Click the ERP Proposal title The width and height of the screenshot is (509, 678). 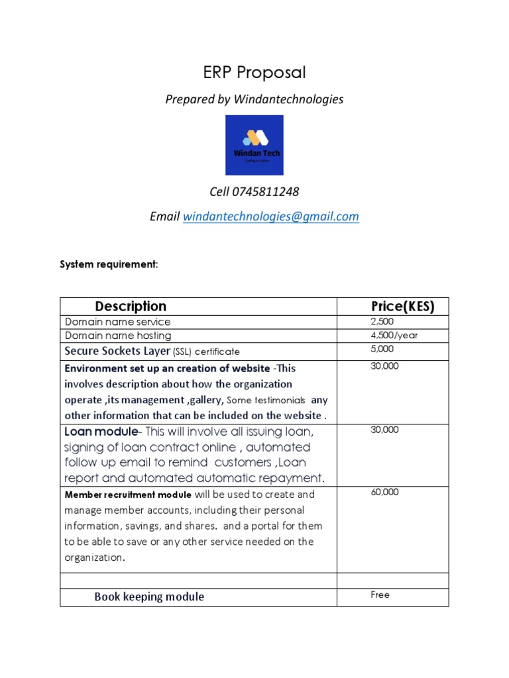pos(254,72)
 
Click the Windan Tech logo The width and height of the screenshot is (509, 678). pos(254,145)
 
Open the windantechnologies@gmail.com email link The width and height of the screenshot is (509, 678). pos(270,217)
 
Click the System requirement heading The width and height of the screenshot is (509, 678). pos(109,265)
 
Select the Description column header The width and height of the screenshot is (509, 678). pos(131,307)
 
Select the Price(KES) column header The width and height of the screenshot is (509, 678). pos(402,307)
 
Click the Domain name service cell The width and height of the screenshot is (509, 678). pos(117,322)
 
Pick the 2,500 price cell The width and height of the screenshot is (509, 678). pos(382,322)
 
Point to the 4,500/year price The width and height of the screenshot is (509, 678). pos(394,336)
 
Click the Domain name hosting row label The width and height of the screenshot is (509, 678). pos(117,336)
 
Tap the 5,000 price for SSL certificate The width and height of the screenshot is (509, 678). pos(382,349)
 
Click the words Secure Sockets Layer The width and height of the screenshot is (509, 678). pos(117,351)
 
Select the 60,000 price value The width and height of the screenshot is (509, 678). pos(385,492)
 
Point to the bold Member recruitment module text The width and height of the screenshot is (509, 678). pos(128,495)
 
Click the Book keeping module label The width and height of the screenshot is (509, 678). pos(149,597)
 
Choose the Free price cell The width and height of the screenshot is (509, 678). pos(380,595)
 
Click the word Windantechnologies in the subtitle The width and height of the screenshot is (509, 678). pos(288,99)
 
